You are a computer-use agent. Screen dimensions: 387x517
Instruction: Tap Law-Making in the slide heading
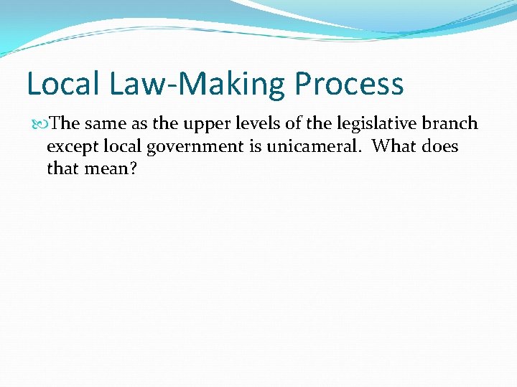[x=198, y=84]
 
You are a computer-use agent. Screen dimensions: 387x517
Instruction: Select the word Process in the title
[x=349, y=84]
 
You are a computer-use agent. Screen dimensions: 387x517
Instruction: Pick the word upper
[x=205, y=124]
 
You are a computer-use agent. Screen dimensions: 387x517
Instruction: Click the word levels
[x=261, y=123]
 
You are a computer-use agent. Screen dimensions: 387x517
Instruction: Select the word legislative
[x=378, y=124]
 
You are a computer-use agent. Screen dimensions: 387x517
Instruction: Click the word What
[x=393, y=147]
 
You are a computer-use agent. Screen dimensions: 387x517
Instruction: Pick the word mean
[x=108, y=170]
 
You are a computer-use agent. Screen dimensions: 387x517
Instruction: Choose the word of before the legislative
[x=294, y=123]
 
